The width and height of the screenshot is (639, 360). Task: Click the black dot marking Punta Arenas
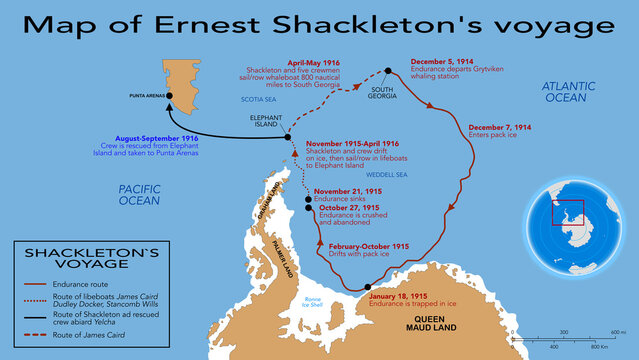170,96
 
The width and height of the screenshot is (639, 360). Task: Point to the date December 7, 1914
500,128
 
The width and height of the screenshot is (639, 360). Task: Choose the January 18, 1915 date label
397,296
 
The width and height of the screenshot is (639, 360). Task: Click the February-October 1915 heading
368,246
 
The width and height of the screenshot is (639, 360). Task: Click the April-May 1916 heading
315,62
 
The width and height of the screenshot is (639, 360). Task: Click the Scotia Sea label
258,99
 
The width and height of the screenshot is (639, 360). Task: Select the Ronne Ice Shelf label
314,302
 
